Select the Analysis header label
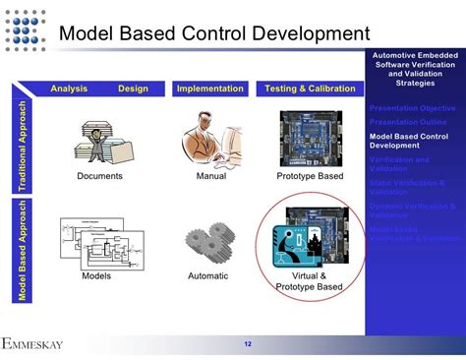69,89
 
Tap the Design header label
133,89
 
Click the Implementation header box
209,90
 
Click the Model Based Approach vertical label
18,249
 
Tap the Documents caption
99,176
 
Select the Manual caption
209,176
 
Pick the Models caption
95,275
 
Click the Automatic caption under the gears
207,275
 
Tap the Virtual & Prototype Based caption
310,281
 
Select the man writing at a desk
207,139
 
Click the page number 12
248,343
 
